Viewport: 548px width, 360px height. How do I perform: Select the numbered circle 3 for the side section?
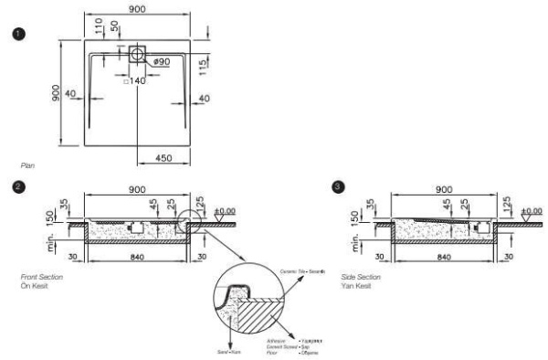point(341,187)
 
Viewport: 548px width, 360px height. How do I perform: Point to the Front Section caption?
point(39,275)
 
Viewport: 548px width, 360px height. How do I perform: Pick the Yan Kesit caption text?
point(353,284)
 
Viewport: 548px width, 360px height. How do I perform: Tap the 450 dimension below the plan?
point(163,159)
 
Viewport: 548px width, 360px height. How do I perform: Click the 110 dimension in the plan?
point(100,26)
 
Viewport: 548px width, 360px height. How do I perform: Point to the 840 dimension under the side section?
point(445,258)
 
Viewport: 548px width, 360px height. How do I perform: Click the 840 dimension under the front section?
point(137,258)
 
